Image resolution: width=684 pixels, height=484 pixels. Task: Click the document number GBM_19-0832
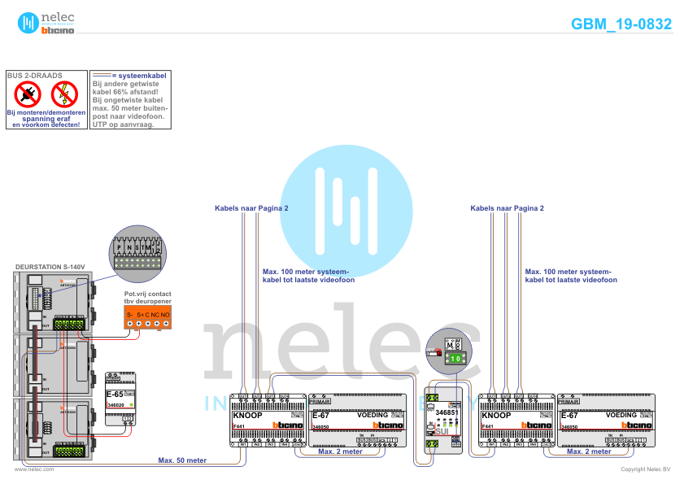621,24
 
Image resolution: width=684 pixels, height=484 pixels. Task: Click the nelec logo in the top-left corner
46,23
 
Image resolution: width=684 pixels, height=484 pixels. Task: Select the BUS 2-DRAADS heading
34,75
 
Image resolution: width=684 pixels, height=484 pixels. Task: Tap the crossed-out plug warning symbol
28,94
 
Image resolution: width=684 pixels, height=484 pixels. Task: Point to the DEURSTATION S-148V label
50,267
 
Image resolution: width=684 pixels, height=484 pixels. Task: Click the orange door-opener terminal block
146,318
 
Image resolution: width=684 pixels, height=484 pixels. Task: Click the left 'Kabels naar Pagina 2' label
251,208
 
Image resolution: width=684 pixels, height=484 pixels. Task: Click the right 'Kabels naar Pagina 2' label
508,208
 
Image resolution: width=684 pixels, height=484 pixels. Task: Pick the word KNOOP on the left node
247,416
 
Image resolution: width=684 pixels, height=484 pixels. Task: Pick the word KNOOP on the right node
496,416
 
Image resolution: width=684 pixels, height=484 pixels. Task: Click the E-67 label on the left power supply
320,416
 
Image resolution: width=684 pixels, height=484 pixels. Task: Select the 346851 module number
447,413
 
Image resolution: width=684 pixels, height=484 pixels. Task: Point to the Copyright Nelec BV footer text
645,470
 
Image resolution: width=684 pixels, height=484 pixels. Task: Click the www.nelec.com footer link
34,470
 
